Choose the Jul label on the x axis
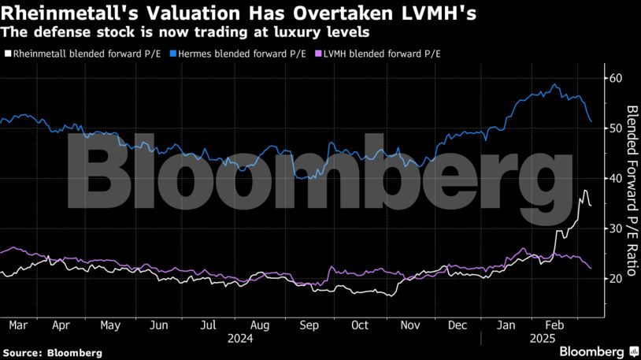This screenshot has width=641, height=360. point(208,325)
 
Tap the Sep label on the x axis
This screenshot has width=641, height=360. point(309,325)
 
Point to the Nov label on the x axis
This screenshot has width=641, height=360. point(409,325)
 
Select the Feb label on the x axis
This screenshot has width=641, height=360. point(557,325)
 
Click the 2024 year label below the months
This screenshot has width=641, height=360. point(240,338)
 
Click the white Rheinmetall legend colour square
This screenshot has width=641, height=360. point(7,54)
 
